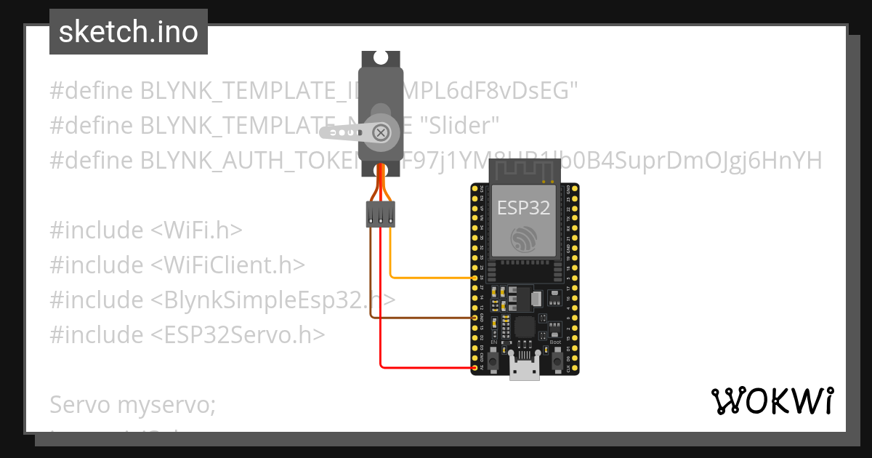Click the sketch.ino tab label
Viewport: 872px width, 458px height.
129,32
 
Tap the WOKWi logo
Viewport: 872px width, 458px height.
772,401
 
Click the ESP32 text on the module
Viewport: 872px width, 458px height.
523,208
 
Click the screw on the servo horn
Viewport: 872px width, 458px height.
380,132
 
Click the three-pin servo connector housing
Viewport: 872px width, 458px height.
380,214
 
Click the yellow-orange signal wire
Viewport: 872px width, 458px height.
429,277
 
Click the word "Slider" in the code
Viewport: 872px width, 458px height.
461,125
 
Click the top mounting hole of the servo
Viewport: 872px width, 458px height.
380,58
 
